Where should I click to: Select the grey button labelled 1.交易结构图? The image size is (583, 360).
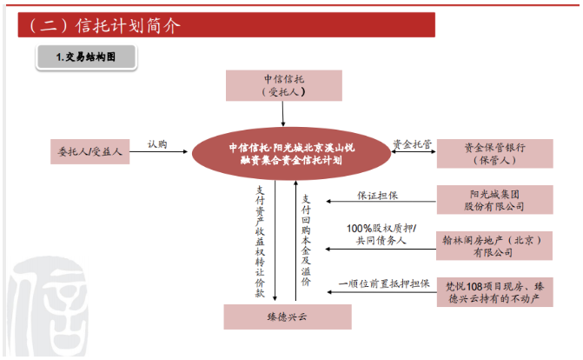(x=86, y=57)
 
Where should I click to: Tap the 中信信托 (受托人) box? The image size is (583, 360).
(x=284, y=85)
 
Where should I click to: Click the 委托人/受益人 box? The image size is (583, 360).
(x=90, y=151)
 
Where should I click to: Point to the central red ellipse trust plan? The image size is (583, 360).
(x=291, y=154)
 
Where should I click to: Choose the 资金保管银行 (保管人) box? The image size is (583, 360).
(x=494, y=154)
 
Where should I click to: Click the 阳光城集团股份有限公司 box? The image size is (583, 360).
(x=494, y=200)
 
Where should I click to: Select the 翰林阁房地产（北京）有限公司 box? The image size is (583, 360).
(x=494, y=246)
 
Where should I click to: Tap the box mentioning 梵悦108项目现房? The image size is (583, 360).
(x=494, y=292)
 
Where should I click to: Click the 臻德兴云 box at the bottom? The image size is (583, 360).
(x=288, y=317)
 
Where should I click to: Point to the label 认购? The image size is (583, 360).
(x=157, y=144)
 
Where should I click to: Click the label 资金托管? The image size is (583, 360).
(x=413, y=144)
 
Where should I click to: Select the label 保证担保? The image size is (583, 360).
(x=377, y=195)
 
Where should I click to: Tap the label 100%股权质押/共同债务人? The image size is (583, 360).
(x=381, y=234)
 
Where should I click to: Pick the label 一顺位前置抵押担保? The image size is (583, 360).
(x=384, y=283)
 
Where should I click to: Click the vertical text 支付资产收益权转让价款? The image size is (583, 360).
(x=260, y=242)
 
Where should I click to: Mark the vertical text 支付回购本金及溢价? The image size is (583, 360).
(x=306, y=240)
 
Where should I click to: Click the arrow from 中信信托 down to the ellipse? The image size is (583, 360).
(x=283, y=114)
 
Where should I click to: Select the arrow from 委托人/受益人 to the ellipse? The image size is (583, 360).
(x=158, y=151)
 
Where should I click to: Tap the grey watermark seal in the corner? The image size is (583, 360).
(x=49, y=307)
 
